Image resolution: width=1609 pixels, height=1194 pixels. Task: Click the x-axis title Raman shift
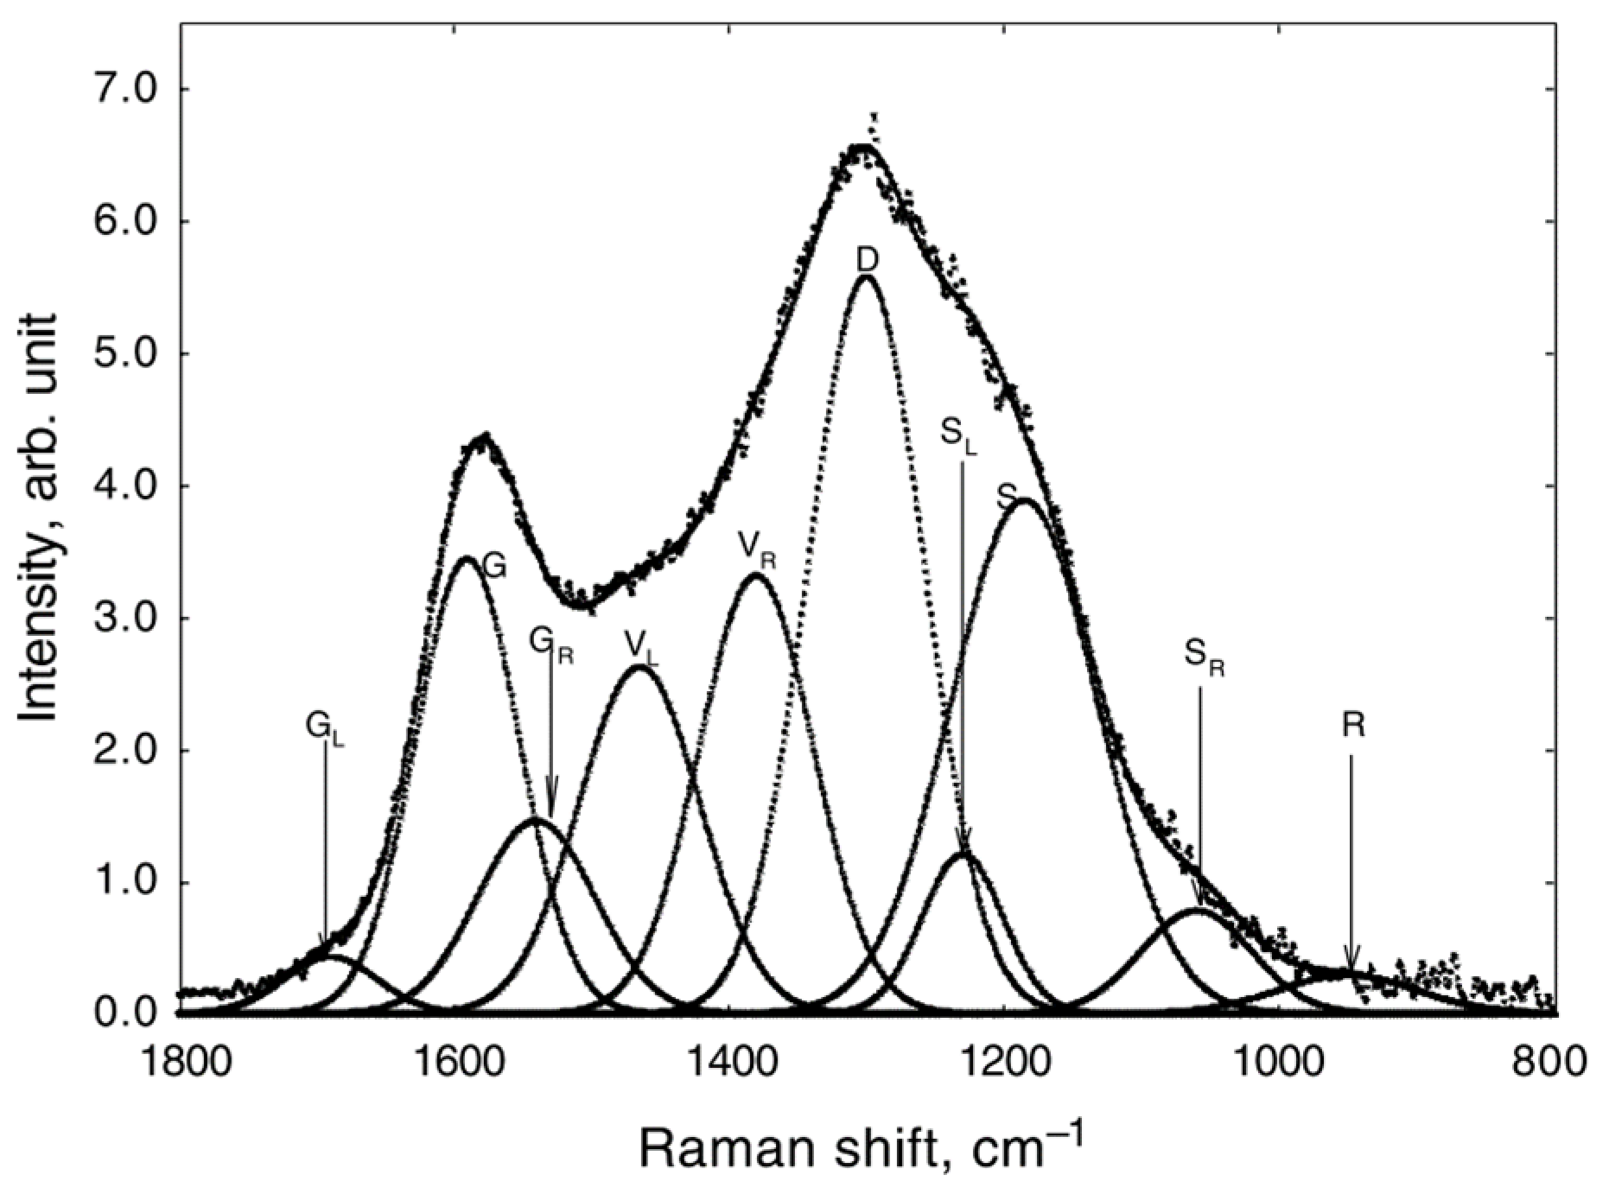pos(860,1148)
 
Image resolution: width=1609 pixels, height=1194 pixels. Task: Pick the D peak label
pos(868,258)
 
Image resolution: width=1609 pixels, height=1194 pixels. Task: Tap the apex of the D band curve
pos(867,276)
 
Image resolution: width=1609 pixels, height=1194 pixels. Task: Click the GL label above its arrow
pos(324,725)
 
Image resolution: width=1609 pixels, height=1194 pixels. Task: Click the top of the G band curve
pos(467,559)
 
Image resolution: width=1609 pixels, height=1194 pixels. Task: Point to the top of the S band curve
pos(1025,500)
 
